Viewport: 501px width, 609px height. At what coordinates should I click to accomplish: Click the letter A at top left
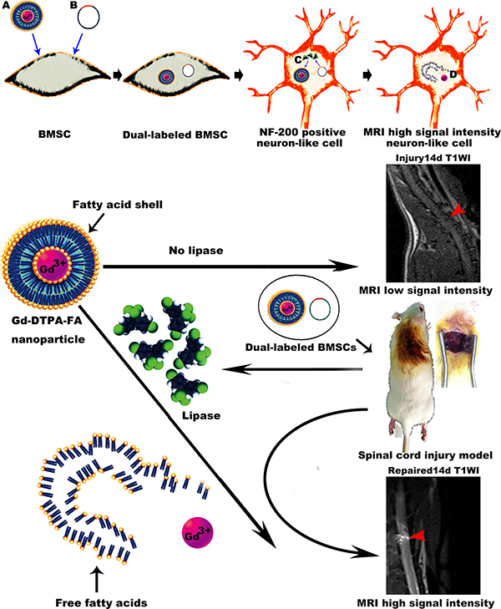6,7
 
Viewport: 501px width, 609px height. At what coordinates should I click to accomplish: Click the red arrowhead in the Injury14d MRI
454,215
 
